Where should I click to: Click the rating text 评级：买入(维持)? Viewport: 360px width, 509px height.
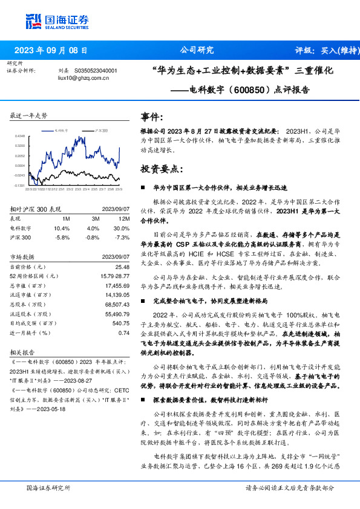[x=326, y=50]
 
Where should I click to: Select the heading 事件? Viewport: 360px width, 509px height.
[x=151, y=117]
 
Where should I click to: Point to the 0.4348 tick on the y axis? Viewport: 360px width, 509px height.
[x=20, y=136]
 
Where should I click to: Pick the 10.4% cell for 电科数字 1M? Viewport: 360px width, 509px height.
[x=62, y=229]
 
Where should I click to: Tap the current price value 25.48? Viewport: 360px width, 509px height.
[x=122, y=266]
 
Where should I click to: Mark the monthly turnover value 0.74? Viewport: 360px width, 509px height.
[x=124, y=332]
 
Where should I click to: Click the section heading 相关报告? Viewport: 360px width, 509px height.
[x=23, y=351]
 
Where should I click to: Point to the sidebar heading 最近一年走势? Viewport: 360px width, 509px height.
[x=29, y=115]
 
